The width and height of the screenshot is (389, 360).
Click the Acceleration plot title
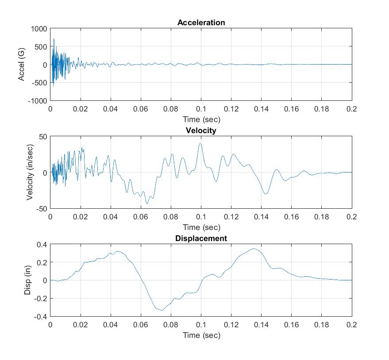click(201, 23)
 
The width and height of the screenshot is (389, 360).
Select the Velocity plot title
click(201, 130)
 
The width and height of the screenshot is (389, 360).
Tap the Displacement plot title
click(201, 238)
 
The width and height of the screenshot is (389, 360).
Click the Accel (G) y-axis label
click(21, 65)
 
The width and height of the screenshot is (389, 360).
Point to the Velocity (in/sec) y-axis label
click(30, 172)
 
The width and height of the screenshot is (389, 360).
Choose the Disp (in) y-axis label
click(27, 280)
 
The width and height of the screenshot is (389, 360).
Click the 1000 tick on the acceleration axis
click(39, 29)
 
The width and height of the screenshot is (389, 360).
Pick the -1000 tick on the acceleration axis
click(37, 101)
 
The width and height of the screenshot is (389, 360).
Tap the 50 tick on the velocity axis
click(42, 137)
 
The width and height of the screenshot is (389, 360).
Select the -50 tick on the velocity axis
click(41, 209)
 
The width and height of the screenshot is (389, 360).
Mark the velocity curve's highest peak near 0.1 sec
click(200, 143)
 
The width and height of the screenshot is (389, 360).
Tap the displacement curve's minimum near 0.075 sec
click(162, 310)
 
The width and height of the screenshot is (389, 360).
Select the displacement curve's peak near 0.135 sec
click(254, 249)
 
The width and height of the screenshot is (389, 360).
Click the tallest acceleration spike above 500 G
click(54, 38)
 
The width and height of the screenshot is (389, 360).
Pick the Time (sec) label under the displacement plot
click(201, 335)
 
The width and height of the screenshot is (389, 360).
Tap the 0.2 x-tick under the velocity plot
click(352, 217)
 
